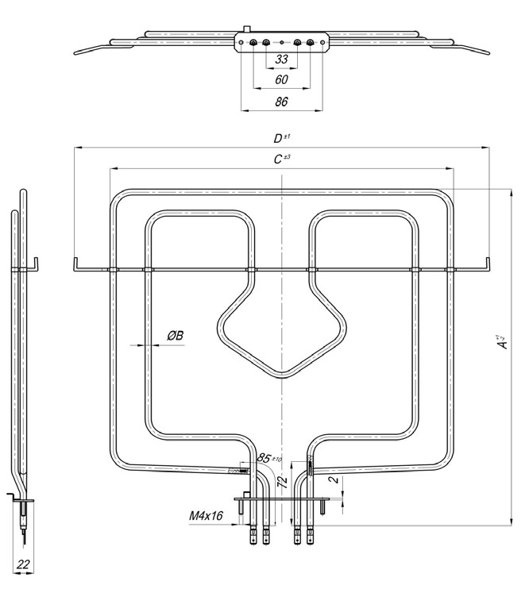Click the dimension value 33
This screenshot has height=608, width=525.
point(281,60)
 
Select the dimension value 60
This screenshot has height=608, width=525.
point(281,79)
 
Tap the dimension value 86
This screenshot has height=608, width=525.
point(281,101)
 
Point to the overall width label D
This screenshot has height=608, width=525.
point(278,139)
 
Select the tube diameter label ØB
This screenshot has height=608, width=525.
point(175,337)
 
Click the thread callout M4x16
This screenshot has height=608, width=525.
point(205,517)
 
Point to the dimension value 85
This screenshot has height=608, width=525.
point(265,458)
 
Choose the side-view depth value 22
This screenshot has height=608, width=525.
point(23,564)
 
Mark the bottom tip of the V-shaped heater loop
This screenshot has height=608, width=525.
point(283,375)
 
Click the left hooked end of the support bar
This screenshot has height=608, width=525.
point(74,264)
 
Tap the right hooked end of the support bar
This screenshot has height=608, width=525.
point(487,264)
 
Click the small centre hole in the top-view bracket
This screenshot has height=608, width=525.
point(281,41)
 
